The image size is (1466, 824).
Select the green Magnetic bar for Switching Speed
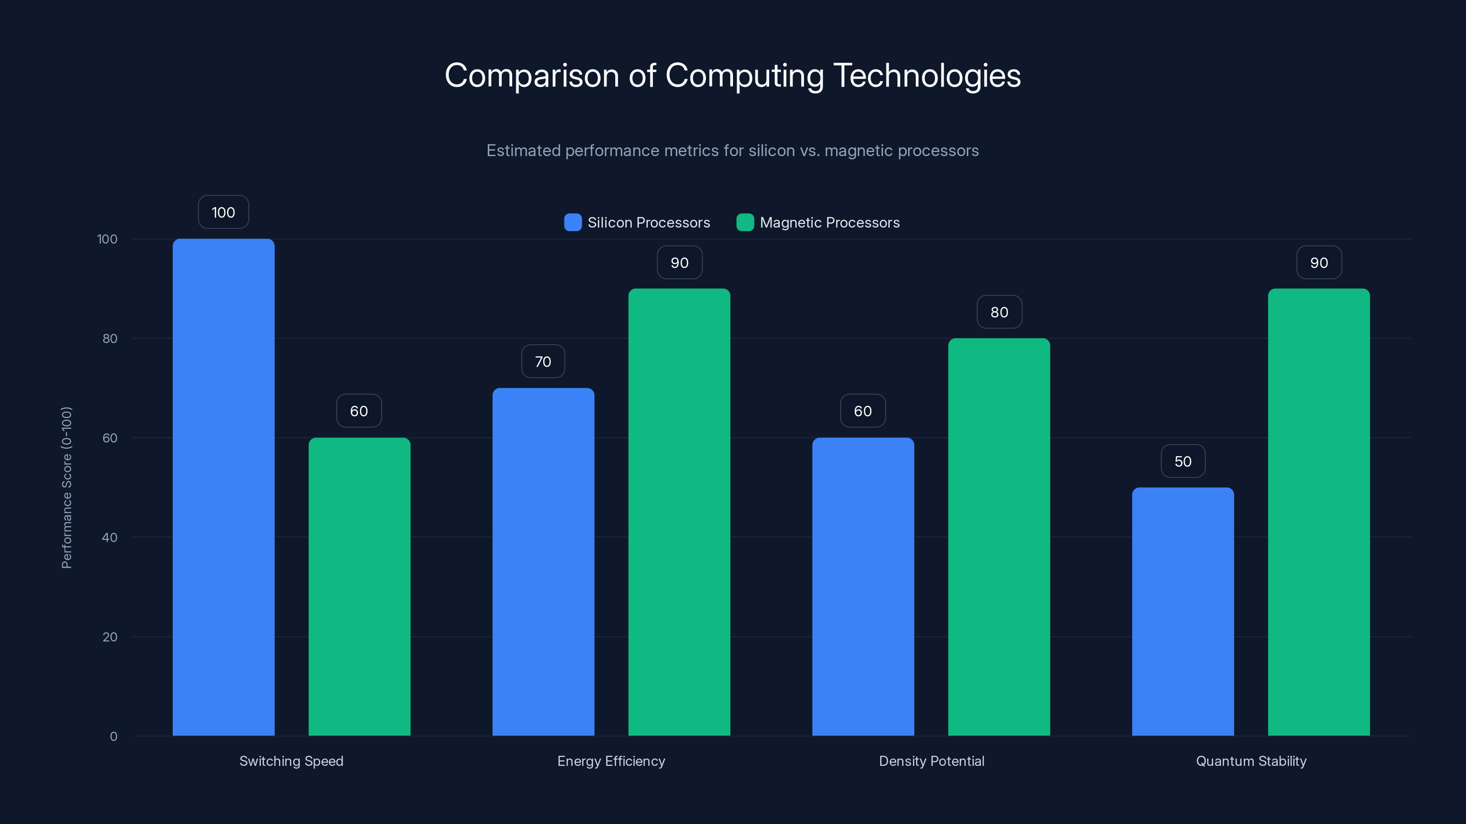[x=359, y=586]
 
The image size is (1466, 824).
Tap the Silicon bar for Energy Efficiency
[x=543, y=561]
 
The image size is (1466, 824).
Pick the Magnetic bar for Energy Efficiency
[x=679, y=512]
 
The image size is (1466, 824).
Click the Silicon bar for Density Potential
[x=863, y=586]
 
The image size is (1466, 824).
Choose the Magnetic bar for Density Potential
[x=999, y=537]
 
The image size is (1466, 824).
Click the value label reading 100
[x=223, y=212]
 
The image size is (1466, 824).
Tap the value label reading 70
[x=543, y=362]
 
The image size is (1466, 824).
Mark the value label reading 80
[x=999, y=312]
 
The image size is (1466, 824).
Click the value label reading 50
[x=1183, y=461]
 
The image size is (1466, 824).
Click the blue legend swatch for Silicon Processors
[x=573, y=222]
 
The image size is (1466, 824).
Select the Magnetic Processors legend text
[x=830, y=222]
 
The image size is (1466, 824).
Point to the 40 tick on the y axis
[x=110, y=537]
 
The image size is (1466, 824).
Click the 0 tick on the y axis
[x=114, y=737]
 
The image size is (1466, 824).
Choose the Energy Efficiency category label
[x=611, y=761]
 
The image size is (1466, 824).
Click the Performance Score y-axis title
[x=66, y=488]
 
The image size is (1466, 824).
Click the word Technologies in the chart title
[x=927, y=76]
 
